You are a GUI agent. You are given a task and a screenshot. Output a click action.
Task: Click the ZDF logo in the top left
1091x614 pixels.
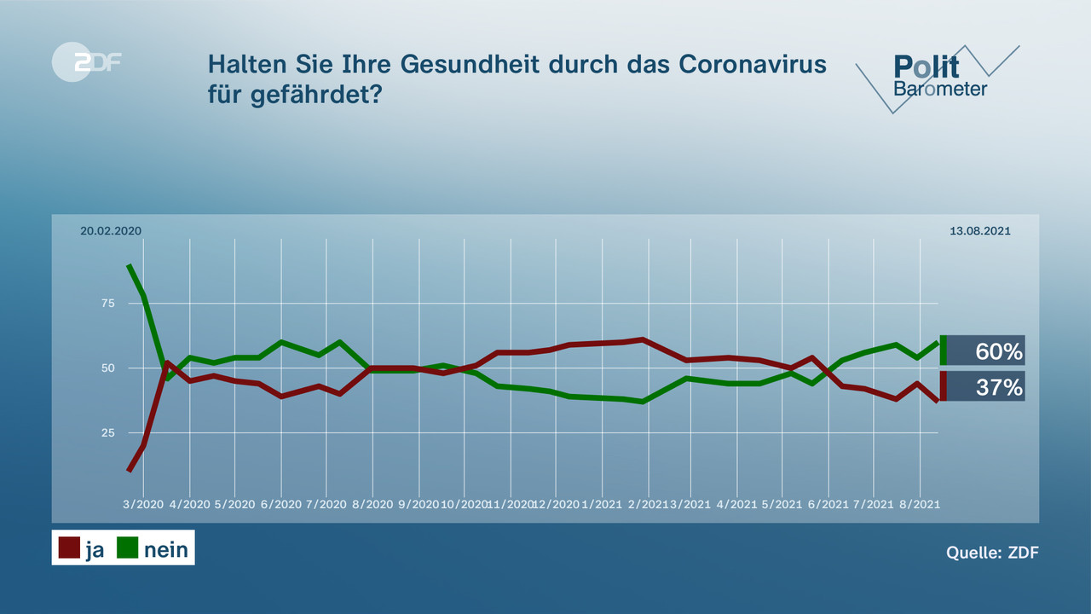(86, 62)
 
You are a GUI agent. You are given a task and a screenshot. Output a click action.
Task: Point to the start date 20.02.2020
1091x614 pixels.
(111, 231)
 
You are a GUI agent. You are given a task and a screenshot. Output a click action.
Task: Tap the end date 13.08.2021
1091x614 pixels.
(980, 231)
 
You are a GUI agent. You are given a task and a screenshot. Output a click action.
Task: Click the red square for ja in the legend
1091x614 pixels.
(69, 547)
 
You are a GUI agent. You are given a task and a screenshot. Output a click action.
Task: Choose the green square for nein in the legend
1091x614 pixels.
(127, 547)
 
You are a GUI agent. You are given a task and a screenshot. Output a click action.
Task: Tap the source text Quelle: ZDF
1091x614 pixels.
(992, 553)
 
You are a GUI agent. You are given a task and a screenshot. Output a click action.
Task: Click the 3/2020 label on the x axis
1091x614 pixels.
(143, 504)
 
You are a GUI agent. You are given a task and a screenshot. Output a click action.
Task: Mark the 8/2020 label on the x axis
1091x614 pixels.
(373, 504)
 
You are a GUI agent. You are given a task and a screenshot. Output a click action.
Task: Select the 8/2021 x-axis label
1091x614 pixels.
(921, 504)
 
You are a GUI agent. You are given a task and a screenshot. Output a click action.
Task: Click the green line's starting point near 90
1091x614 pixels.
(129, 265)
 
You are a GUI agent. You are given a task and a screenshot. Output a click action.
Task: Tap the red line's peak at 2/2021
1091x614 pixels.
(643, 339)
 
